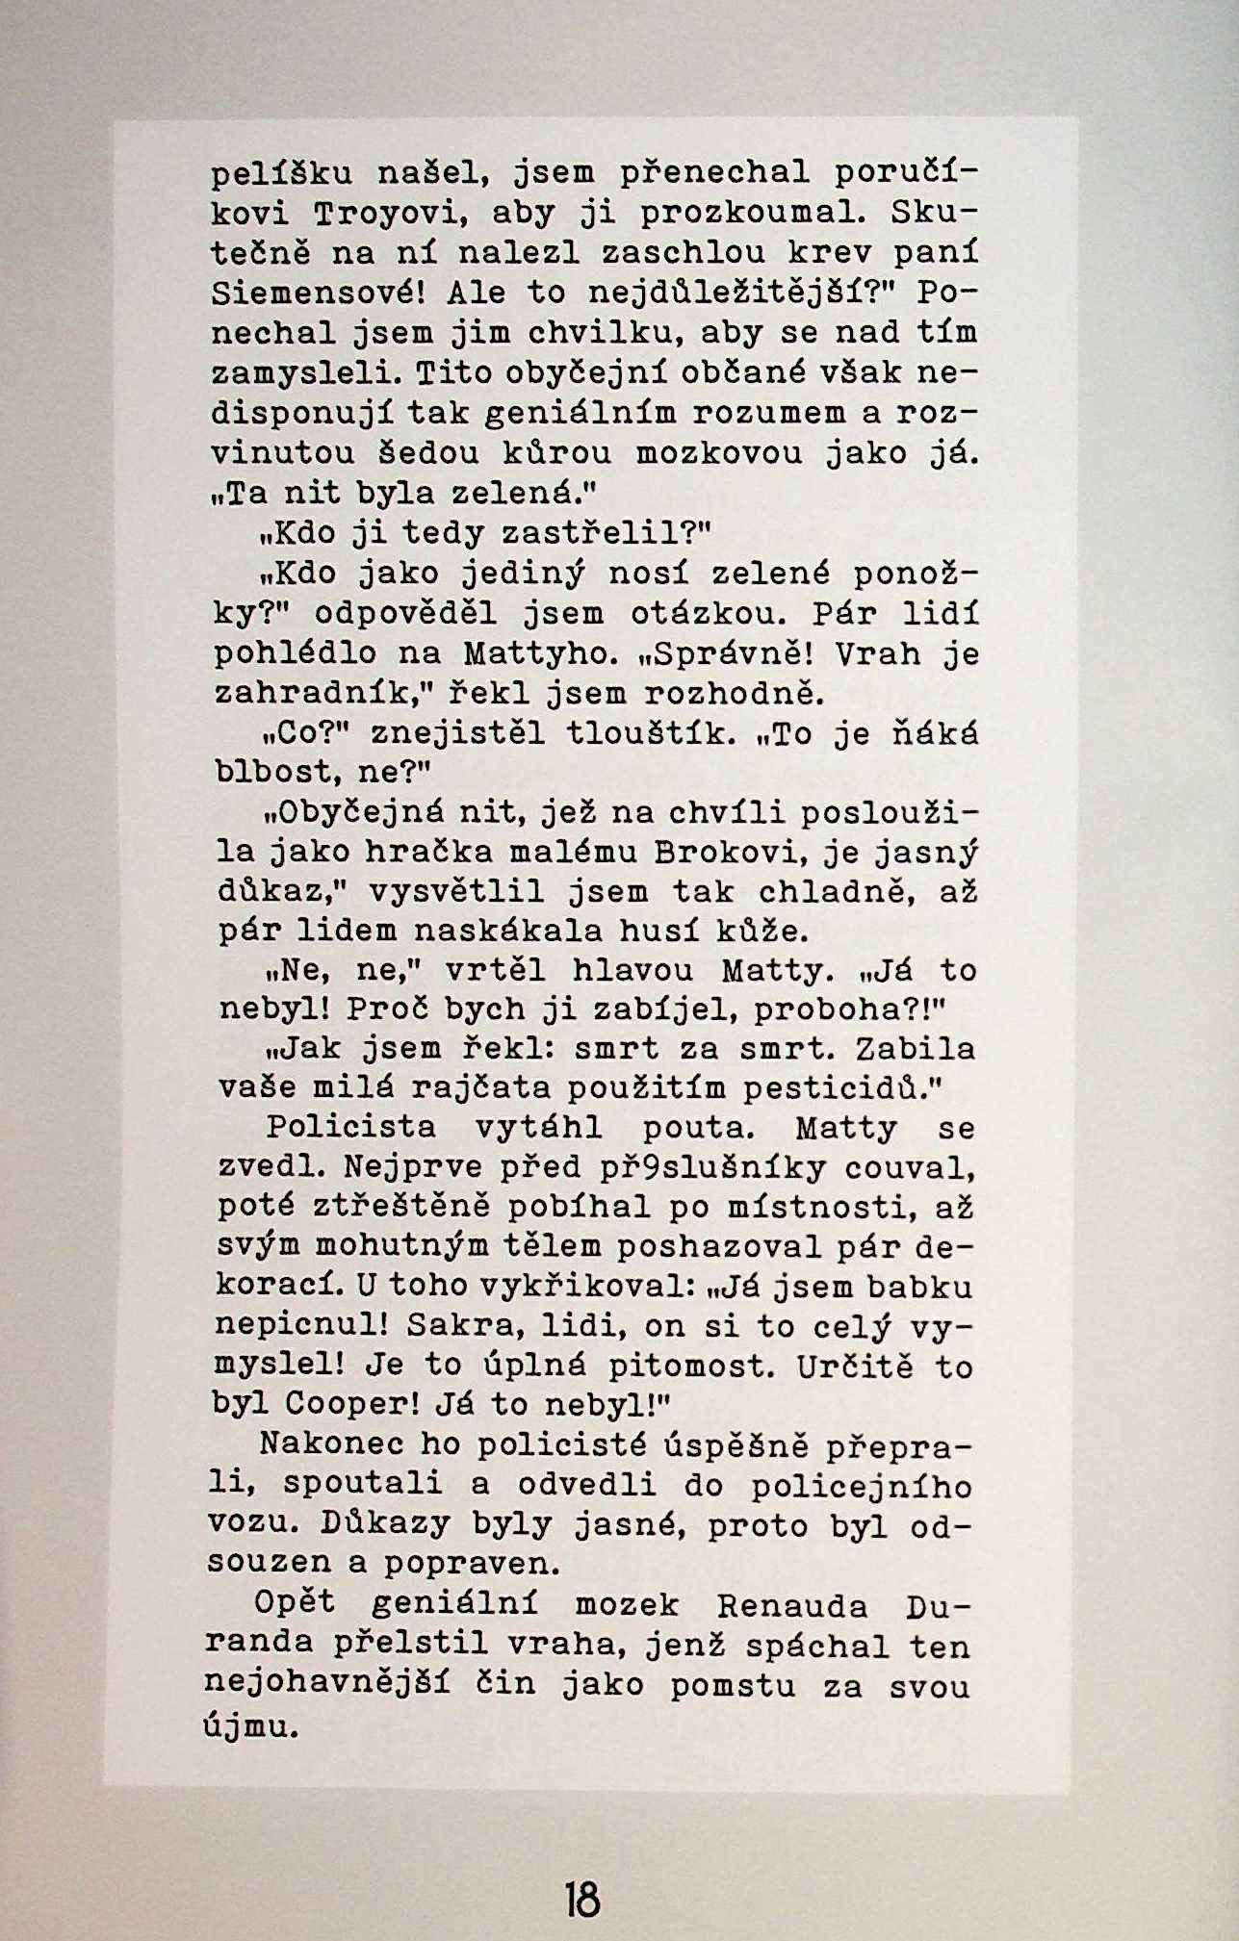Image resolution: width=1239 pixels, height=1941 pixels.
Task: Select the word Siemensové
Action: [315, 292]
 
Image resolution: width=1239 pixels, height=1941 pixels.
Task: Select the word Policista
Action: [350, 1127]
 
